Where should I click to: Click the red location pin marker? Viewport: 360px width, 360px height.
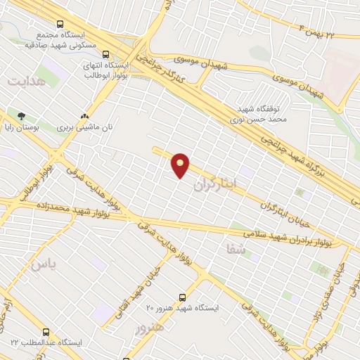click(x=181, y=165)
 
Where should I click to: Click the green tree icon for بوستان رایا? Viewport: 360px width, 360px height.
click(x=22, y=115)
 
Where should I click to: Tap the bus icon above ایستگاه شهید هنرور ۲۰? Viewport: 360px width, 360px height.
click(x=183, y=297)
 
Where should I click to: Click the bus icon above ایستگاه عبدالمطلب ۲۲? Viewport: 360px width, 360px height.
click(x=46, y=331)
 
